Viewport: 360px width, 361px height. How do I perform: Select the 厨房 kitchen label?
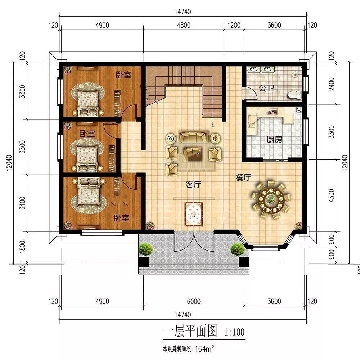[x=274, y=139]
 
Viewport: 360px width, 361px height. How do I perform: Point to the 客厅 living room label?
[x=193, y=184]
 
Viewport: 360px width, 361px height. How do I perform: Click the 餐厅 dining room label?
[x=243, y=177]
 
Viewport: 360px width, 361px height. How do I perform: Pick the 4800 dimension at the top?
[x=184, y=25]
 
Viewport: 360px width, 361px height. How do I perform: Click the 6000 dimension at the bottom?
[x=193, y=301]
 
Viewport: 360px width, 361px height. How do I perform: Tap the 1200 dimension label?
[x=234, y=25]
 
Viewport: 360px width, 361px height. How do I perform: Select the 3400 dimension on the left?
[x=22, y=203]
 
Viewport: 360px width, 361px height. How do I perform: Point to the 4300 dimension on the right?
[x=331, y=195]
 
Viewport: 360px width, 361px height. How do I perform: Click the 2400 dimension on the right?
[x=331, y=84]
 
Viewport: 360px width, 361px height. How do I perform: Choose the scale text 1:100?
[x=234, y=332]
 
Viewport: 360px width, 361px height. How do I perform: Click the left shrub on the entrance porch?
[x=145, y=249]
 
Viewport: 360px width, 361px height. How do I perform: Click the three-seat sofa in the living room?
[x=193, y=136]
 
